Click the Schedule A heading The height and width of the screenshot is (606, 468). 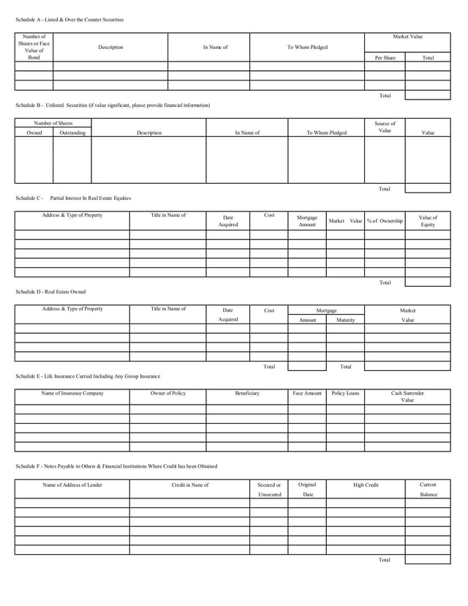69,19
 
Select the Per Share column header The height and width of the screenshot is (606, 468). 385,57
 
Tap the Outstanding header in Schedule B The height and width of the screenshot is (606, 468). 72,133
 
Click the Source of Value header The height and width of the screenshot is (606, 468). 385,127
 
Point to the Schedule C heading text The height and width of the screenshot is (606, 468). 73,198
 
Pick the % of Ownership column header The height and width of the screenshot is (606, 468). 385,221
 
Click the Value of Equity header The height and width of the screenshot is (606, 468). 428,221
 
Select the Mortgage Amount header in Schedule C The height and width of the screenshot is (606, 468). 307,221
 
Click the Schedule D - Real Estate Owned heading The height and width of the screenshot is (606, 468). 50,292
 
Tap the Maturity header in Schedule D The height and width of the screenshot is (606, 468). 345,320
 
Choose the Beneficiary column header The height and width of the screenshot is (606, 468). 246,394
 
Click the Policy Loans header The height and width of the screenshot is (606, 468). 345,394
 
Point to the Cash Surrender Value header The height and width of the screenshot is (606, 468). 407,397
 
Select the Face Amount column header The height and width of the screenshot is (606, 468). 307,394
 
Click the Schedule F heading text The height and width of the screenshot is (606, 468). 116,466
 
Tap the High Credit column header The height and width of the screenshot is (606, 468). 366,485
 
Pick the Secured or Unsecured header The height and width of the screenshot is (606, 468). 269,490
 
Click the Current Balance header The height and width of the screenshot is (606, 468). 428,490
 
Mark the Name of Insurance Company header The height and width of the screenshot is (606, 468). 72,394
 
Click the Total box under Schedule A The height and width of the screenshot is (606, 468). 428,95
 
